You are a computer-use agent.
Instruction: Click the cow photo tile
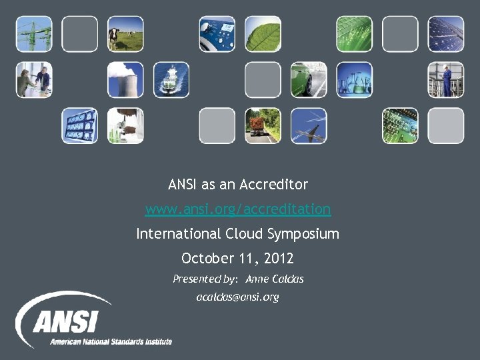pos(126,34)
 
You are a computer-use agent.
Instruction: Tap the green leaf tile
pos(263,34)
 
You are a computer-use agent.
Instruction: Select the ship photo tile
pos(171,80)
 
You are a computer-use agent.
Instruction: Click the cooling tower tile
pos(126,80)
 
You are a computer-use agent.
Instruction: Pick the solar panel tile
pos(445,34)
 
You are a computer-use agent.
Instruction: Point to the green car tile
pos(309,80)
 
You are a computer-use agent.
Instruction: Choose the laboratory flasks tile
pos(354,80)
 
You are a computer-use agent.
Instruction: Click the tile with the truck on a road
pos(263,125)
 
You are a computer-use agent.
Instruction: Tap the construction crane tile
pos(34,34)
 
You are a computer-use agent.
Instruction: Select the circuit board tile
pos(400,125)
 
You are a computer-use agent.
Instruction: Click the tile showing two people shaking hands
pos(34,80)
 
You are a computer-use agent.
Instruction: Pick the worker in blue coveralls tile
pos(445,80)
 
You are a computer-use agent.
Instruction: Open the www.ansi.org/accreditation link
pos(238,209)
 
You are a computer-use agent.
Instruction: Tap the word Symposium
pos(303,234)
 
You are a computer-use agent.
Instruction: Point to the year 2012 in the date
pos(279,258)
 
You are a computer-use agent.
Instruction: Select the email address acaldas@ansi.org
pos(237,297)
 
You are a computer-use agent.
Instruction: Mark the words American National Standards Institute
pos(111,341)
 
